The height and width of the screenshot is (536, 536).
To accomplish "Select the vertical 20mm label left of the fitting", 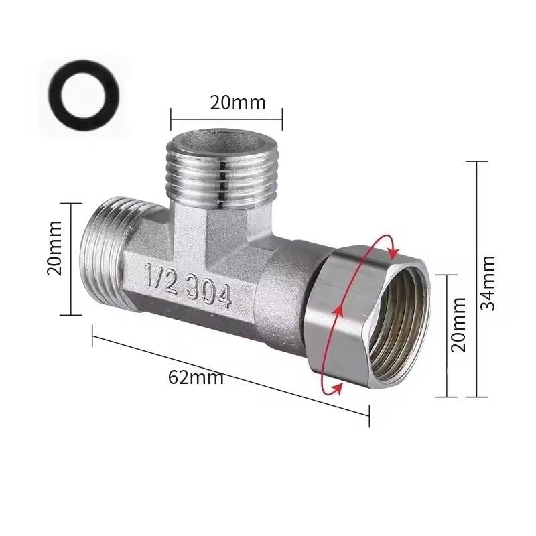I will click(55, 248).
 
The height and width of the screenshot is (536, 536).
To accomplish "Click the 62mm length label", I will click(196, 377).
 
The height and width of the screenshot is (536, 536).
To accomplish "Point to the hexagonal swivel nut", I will click(342, 315).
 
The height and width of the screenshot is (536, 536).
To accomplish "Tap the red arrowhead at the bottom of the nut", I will click(339, 388).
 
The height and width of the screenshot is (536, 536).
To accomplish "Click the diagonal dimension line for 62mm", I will click(231, 375).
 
